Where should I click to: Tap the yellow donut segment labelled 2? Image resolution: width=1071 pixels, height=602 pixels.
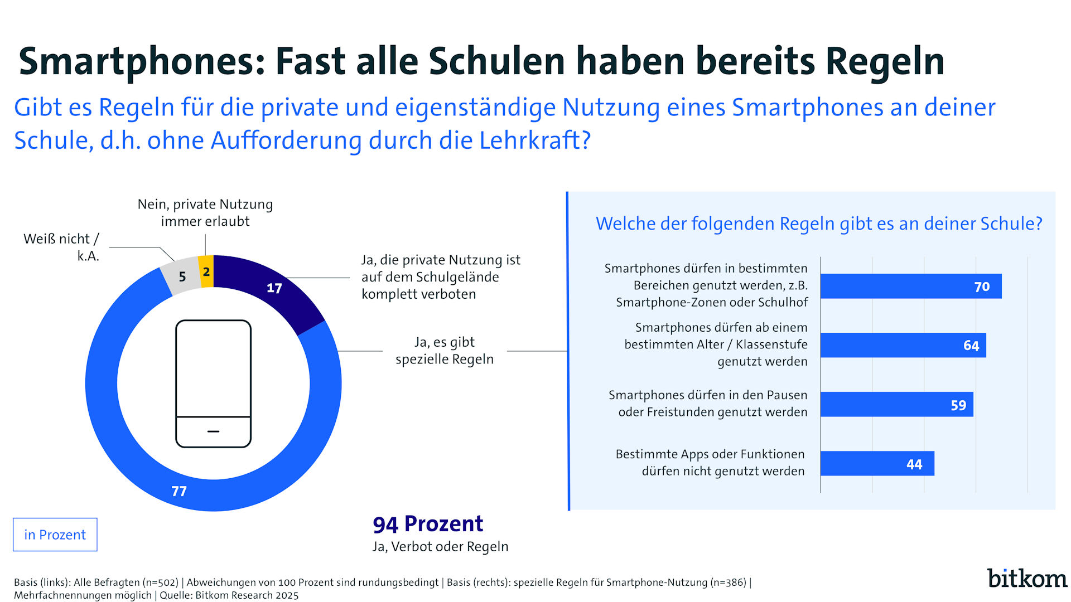pyautogui.click(x=206, y=271)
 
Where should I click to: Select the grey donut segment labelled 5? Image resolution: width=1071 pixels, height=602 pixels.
pyautogui.click(x=182, y=276)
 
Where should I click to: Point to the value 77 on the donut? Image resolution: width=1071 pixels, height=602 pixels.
pyautogui.click(x=179, y=491)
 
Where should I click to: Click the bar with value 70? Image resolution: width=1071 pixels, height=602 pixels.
pyautogui.click(x=910, y=287)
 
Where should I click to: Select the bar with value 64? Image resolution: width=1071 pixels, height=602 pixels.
pyautogui.click(x=903, y=346)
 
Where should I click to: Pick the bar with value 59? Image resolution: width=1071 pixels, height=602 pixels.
pyautogui.click(x=896, y=405)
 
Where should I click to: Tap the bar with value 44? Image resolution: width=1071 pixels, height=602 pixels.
pyautogui.click(x=877, y=464)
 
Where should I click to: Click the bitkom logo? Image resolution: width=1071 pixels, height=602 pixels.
pyautogui.click(x=1027, y=579)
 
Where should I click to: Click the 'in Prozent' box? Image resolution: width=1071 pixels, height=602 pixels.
pyautogui.click(x=55, y=535)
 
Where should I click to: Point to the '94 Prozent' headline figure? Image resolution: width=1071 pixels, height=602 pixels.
pyautogui.click(x=428, y=524)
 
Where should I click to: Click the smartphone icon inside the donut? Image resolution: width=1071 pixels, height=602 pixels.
pyautogui.click(x=213, y=383)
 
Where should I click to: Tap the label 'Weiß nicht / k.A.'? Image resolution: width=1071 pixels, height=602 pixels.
pyautogui.click(x=61, y=247)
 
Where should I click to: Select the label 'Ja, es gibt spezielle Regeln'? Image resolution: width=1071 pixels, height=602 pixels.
pyautogui.click(x=445, y=351)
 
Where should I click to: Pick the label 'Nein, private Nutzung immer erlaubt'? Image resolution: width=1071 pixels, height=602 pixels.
pyautogui.click(x=205, y=212)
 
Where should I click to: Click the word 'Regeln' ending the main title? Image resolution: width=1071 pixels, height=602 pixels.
pyautogui.click(x=885, y=61)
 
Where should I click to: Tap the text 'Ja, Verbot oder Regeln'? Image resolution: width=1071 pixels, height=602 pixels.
pyautogui.click(x=440, y=547)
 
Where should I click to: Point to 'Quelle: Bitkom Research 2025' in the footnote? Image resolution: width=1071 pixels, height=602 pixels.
pyautogui.click(x=229, y=595)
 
